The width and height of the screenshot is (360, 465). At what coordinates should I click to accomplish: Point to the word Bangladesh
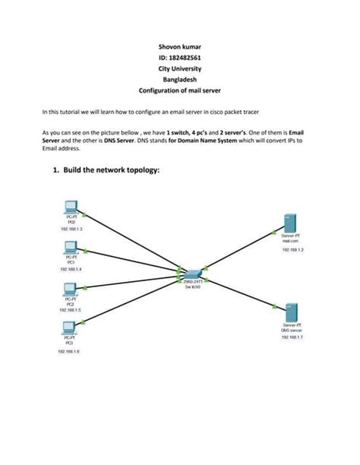[180, 79]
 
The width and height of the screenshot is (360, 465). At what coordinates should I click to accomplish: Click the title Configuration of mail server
[180, 90]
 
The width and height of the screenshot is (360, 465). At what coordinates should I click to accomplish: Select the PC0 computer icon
[71, 206]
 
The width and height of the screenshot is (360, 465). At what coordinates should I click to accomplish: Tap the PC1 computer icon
[71, 247]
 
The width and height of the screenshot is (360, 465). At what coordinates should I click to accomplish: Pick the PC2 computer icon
[71, 289]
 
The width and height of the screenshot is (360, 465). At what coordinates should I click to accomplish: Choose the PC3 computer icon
[71, 328]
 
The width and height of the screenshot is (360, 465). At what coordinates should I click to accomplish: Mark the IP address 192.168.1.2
[292, 248]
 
